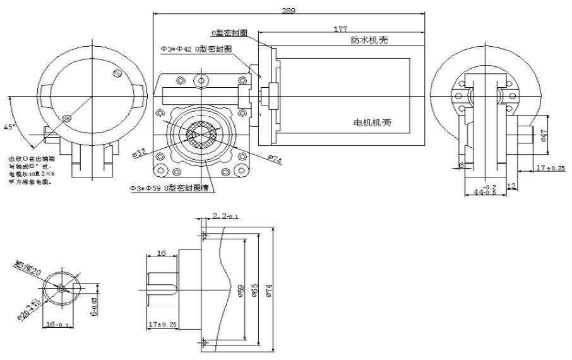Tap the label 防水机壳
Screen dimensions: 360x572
[x=369, y=40]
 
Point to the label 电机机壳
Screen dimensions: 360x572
[x=372, y=123]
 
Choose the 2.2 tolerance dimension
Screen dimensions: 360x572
[x=225, y=216]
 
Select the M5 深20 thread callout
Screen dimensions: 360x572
[x=29, y=268]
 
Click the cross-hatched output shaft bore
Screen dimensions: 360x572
[x=201, y=134]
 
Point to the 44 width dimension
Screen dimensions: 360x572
[x=486, y=191]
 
